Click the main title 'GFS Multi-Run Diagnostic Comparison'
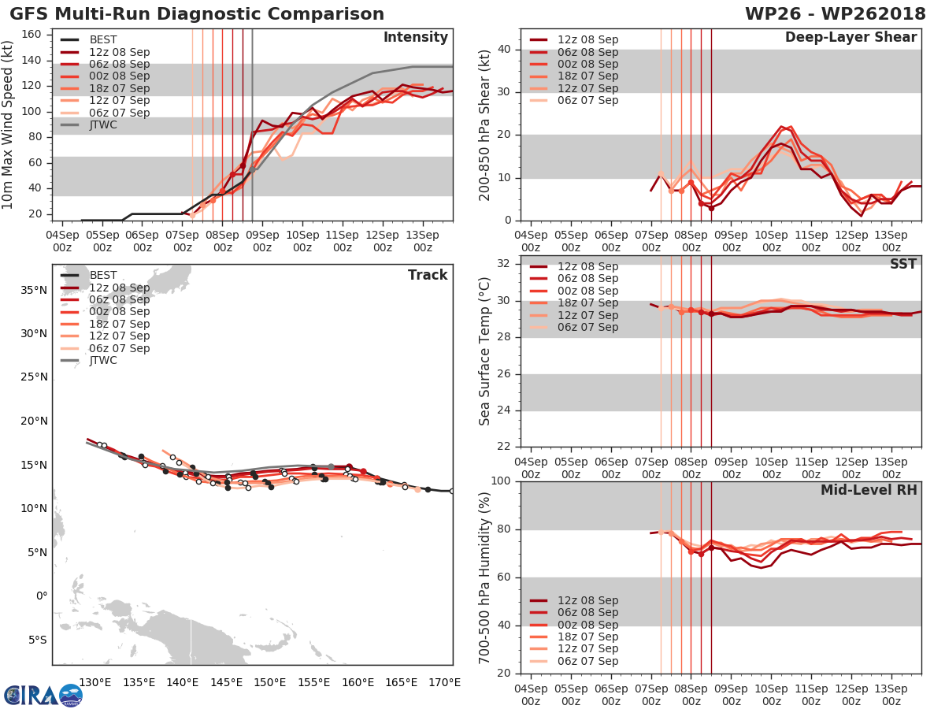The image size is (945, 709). coord(197,14)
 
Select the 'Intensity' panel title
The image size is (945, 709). coord(415,38)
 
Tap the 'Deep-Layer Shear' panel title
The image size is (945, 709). coord(850,38)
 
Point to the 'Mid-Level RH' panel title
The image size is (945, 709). coord(869,491)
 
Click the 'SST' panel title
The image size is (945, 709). coord(903,264)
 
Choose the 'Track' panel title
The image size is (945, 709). coord(428,275)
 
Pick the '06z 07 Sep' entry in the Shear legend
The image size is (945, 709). coord(587,100)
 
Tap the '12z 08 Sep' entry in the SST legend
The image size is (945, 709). coord(587,266)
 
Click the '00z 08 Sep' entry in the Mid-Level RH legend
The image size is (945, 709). coord(587,625)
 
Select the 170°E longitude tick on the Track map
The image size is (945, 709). coord(445,682)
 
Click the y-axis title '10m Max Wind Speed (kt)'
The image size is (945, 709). coord(9,125)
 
